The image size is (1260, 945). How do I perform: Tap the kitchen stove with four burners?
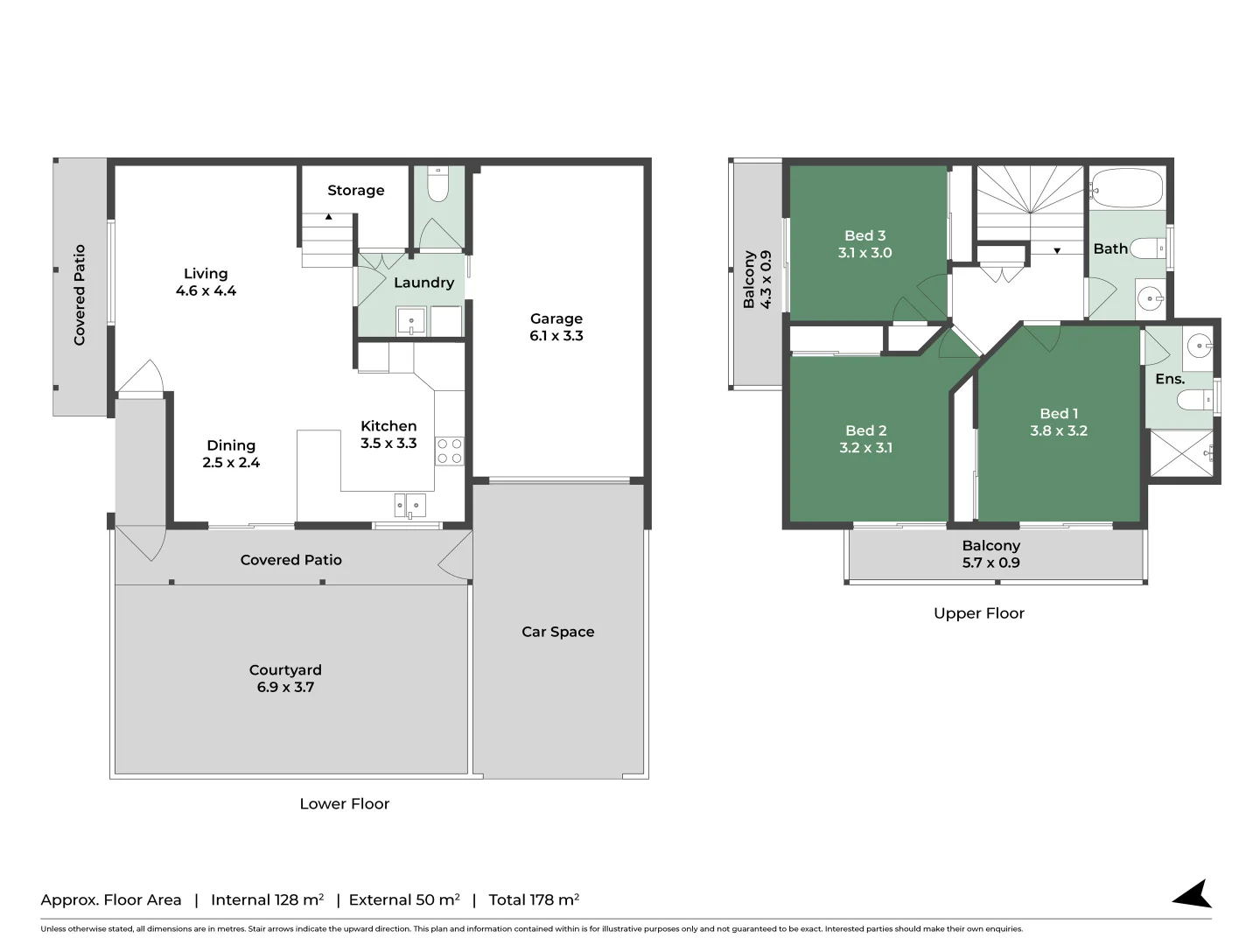pyautogui.click(x=450, y=451)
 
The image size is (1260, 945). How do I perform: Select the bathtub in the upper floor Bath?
pyautogui.click(x=1127, y=188)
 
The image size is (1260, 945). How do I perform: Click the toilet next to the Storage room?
pyautogui.click(x=437, y=186)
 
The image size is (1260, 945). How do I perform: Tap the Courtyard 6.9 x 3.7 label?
pyautogui.click(x=285, y=678)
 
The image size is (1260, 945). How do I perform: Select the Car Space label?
pyautogui.click(x=557, y=632)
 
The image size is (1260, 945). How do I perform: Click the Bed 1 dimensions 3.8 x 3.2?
pyautogui.click(x=1059, y=430)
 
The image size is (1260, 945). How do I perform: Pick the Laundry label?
pyautogui.click(x=423, y=283)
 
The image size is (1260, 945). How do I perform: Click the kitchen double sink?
pyautogui.click(x=409, y=504)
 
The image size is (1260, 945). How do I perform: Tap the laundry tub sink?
pyautogui.click(x=410, y=321)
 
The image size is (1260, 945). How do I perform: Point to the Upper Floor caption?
pyautogui.click(x=978, y=613)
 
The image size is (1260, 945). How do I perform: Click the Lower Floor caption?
pyautogui.click(x=344, y=803)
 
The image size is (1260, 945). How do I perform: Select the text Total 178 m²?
pyautogui.click(x=534, y=899)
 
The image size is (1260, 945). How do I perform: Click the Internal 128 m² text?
pyautogui.click(x=267, y=899)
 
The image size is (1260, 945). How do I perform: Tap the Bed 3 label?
pyautogui.click(x=864, y=235)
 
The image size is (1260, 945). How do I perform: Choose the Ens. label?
pyautogui.click(x=1170, y=379)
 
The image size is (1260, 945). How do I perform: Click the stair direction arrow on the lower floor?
pyautogui.click(x=329, y=216)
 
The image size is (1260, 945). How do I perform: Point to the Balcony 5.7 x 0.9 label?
pyautogui.click(x=990, y=554)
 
